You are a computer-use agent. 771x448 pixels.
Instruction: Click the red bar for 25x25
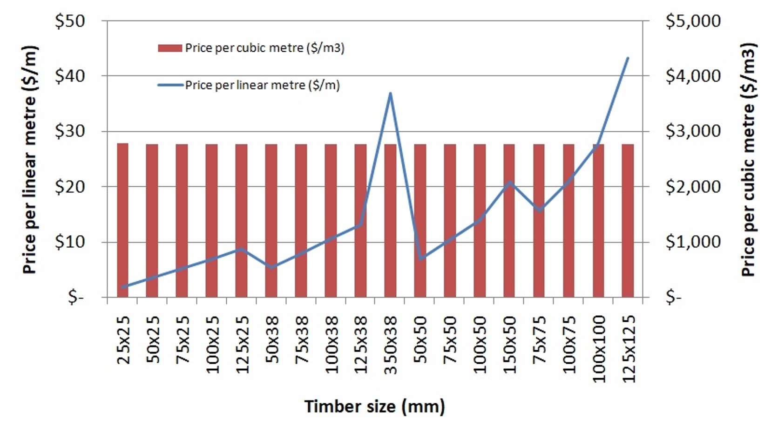click(x=122, y=220)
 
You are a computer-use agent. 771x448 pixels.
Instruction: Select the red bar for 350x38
click(x=390, y=220)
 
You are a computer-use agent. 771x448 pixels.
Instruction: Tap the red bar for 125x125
click(x=628, y=220)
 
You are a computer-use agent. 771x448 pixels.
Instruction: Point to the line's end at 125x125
click(x=628, y=58)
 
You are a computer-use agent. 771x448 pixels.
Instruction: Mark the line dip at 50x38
click(x=271, y=267)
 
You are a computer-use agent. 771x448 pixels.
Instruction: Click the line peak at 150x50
click(x=509, y=182)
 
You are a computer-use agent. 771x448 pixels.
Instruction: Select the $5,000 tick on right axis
click(x=693, y=21)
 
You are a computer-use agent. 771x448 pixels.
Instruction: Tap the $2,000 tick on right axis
click(x=693, y=187)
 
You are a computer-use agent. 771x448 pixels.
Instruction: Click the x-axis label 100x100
click(x=599, y=348)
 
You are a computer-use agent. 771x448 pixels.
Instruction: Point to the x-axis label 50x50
click(x=420, y=339)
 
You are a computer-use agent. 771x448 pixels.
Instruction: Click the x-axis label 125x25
click(x=242, y=345)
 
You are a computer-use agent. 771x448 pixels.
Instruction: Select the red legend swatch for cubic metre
click(x=169, y=48)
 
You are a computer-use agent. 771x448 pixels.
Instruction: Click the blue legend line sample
click(x=170, y=85)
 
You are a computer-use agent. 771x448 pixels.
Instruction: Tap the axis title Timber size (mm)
click(x=375, y=407)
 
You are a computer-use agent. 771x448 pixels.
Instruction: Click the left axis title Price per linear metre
click(x=29, y=160)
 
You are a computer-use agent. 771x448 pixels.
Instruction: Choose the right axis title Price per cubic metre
click(x=748, y=160)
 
